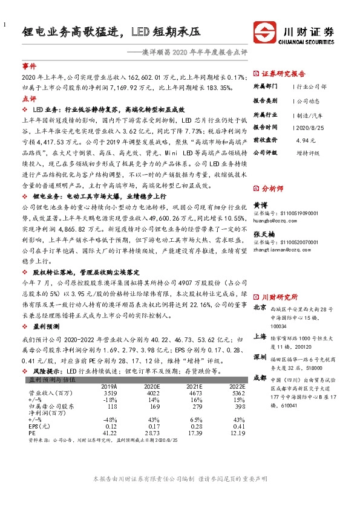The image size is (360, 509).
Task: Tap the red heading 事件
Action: (x=29, y=65)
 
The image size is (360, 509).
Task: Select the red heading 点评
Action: (x=29, y=99)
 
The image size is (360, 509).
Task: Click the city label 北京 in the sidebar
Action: (x=259, y=308)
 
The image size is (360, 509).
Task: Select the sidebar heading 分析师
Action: (x=273, y=189)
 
